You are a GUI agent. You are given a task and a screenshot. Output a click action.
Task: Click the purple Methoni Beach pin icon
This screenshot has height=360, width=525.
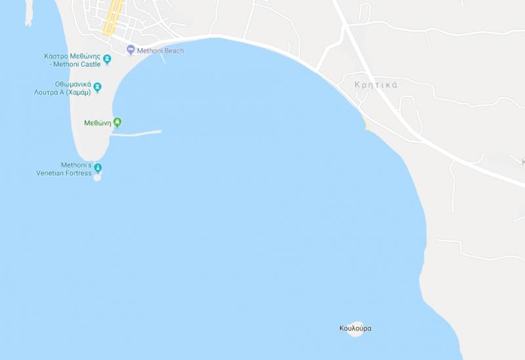131,50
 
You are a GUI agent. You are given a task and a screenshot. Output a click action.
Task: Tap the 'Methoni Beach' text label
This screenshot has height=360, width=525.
160,50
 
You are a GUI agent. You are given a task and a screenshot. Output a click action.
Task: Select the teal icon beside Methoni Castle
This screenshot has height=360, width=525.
107,60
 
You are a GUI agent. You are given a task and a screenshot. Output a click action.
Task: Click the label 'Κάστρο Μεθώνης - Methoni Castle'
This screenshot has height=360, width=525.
72,60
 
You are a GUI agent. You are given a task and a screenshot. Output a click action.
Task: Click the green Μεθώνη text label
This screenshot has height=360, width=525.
98,123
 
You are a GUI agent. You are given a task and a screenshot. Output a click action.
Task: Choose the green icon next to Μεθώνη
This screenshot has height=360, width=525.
117,122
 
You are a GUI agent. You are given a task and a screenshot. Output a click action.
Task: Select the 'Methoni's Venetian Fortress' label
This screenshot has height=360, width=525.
64,169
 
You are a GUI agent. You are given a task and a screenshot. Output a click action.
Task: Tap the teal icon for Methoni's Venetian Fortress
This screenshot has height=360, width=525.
98,168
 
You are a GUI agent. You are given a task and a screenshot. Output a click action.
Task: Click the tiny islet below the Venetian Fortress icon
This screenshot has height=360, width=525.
98,178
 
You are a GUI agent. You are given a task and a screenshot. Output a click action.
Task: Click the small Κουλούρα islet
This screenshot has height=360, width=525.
356,330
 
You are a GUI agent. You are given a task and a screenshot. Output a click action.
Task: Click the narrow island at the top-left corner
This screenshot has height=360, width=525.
28,13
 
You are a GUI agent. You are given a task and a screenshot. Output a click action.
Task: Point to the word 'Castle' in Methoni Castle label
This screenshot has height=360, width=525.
91,64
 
